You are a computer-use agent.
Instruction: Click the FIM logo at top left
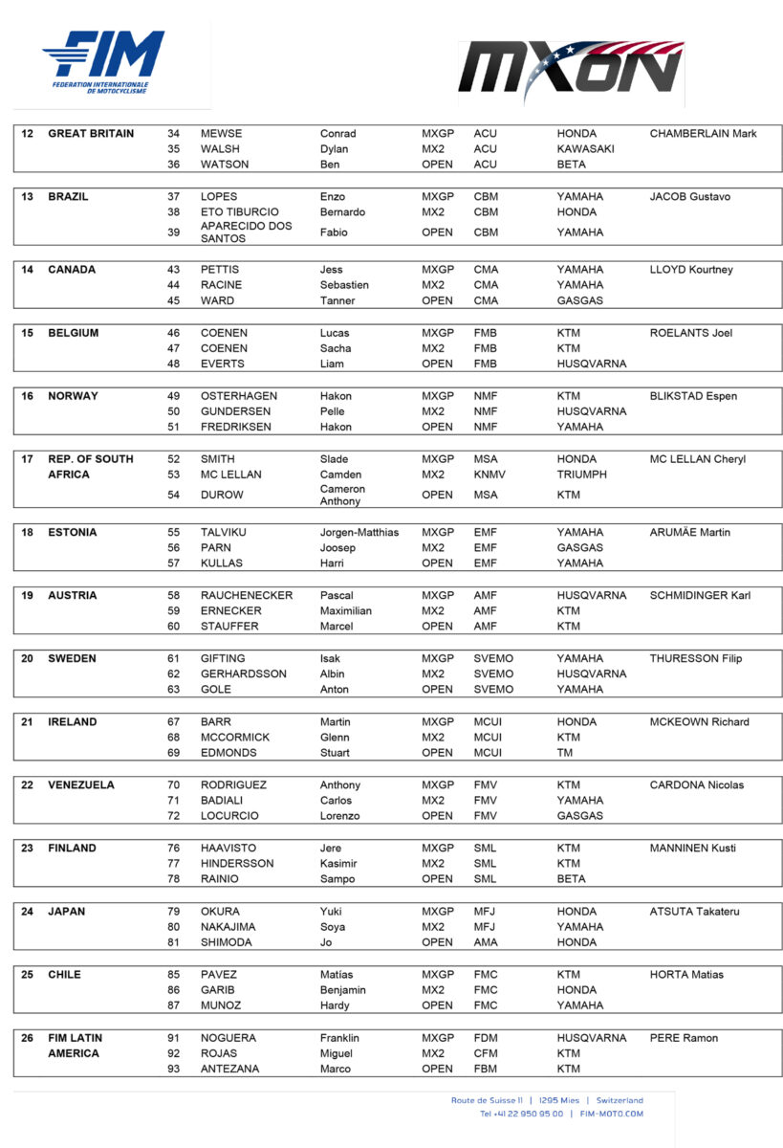coord(103,62)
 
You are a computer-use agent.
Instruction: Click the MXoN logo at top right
coord(571,71)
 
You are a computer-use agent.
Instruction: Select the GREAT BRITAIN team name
coord(91,134)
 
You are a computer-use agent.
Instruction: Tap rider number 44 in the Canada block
coord(174,285)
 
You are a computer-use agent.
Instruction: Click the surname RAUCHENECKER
coord(247,595)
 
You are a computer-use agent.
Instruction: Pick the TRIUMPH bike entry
coord(583,475)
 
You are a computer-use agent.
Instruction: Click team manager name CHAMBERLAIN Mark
coord(703,134)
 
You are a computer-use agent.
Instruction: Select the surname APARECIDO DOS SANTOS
coord(247,232)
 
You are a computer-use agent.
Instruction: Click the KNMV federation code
coord(490,475)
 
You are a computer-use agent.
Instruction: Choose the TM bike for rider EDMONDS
coord(566,753)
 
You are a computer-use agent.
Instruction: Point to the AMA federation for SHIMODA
coord(486,942)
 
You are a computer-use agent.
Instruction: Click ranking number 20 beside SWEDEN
coord(28,658)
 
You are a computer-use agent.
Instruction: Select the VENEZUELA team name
coord(81,784)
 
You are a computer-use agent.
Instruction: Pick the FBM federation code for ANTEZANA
coord(487,1069)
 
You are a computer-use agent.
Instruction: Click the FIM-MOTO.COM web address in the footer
coord(610,1114)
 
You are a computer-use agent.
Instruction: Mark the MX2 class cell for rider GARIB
coord(433,990)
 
